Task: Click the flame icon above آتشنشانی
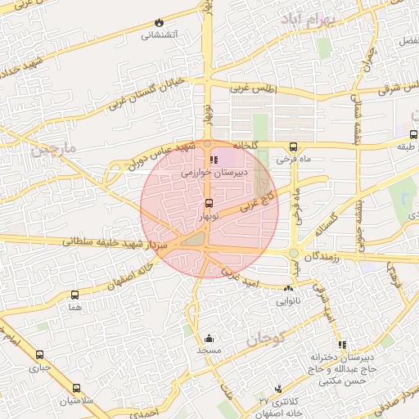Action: (158, 22)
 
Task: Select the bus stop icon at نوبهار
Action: (208, 203)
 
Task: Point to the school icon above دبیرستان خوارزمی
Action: (214, 160)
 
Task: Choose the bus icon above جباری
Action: (39, 355)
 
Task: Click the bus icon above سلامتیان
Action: (76, 388)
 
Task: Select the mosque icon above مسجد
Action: (209, 338)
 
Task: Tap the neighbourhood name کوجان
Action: (264, 336)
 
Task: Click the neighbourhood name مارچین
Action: (54, 147)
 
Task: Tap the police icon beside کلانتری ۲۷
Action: (279, 388)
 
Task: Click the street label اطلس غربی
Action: (254, 88)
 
